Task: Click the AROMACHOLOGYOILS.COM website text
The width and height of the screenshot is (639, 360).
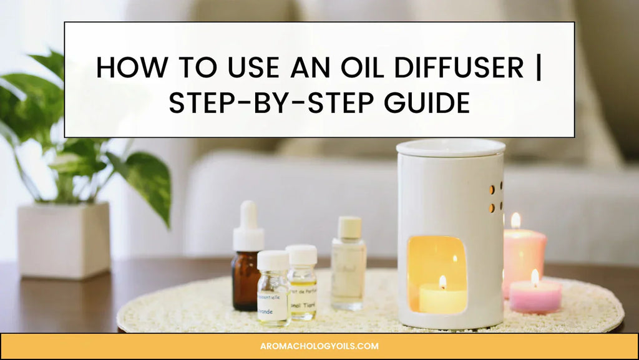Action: tap(319, 346)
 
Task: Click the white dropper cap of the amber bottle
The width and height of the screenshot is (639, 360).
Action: tap(248, 226)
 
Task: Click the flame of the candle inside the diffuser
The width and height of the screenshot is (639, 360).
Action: tap(442, 282)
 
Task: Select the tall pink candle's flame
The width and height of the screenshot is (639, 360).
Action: tap(515, 220)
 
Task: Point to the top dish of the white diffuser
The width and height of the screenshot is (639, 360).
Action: tap(451, 148)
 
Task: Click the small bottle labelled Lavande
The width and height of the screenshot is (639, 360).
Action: tap(273, 296)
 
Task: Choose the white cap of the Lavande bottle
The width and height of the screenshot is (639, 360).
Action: tap(273, 260)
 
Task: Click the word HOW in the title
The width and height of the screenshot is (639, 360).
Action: tap(124, 67)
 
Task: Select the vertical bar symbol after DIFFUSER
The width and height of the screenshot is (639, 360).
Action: tap(539, 67)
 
